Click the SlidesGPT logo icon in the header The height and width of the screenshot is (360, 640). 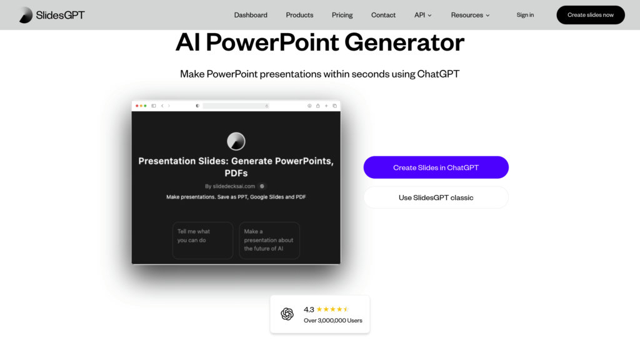(x=26, y=15)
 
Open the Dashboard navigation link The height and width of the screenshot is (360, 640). (x=251, y=15)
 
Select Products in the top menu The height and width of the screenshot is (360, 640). (x=299, y=15)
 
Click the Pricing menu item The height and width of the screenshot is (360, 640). (x=342, y=15)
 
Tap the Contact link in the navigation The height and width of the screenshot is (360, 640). (x=383, y=15)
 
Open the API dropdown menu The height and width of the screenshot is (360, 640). (x=423, y=15)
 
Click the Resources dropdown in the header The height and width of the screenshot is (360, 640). (x=470, y=15)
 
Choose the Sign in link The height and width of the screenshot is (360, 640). (x=525, y=15)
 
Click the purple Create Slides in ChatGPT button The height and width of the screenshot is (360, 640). (x=436, y=167)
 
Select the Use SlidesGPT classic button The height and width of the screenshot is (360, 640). (x=436, y=197)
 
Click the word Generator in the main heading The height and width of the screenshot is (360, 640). (x=404, y=42)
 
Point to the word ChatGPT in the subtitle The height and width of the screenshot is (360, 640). (x=438, y=74)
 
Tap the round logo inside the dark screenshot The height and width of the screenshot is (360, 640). (x=236, y=141)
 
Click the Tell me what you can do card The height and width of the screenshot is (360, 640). (x=203, y=241)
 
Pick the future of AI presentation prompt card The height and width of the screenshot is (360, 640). (x=269, y=241)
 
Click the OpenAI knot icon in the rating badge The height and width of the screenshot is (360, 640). (x=287, y=314)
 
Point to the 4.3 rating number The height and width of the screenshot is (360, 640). (x=309, y=309)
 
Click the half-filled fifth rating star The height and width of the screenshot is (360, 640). (x=346, y=309)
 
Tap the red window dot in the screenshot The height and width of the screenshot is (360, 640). (x=137, y=106)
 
